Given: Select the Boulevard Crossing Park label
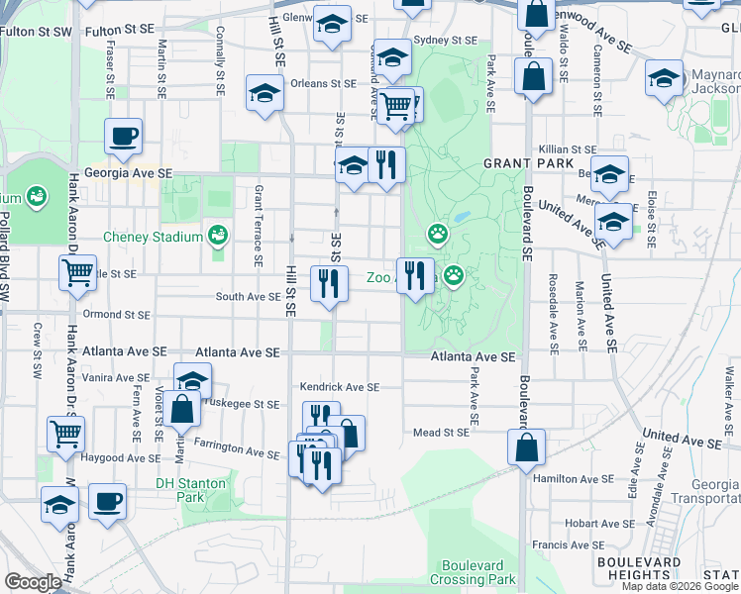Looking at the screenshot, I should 474,572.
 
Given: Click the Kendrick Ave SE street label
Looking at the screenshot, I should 340,387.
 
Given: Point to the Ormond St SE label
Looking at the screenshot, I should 116,315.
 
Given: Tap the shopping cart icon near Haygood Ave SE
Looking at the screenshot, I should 65,433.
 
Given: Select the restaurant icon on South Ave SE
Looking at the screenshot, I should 329,283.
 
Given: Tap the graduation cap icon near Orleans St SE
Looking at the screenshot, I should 265,93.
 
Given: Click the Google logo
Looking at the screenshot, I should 34,582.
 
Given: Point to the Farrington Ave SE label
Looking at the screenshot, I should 236,449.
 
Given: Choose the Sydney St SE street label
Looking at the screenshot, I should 445,41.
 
